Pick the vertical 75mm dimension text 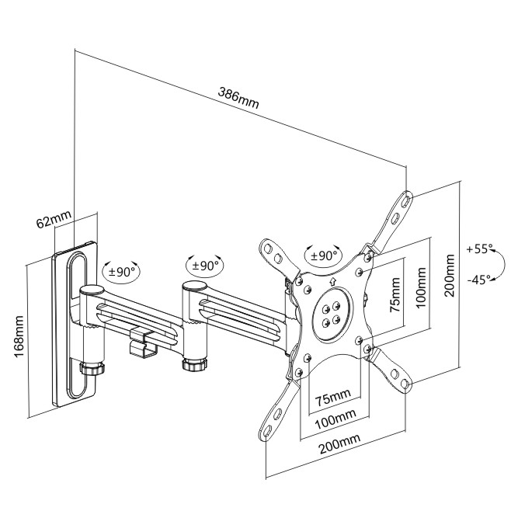396,294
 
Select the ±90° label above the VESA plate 322,255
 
